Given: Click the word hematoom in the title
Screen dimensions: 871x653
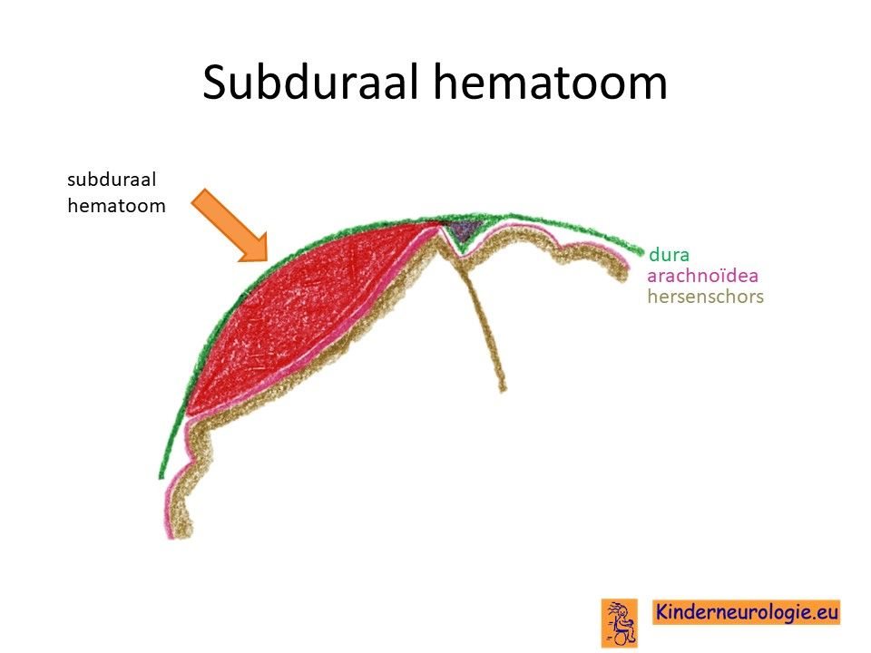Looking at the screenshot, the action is (x=551, y=83).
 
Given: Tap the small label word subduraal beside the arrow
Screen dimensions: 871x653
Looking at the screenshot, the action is (x=112, y=180).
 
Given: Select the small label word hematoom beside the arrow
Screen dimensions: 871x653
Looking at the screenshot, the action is (x=116, y=206).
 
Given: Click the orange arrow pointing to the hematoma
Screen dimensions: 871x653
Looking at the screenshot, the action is (x=230, y=225).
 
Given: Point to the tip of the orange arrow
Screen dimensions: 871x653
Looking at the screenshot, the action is (x=267, y=260).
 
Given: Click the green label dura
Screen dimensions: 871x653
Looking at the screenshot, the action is (x=669, y=255).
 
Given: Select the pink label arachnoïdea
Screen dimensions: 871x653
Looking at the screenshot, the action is (x=702, y=276).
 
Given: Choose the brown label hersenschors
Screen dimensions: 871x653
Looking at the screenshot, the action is (x=706, y=297).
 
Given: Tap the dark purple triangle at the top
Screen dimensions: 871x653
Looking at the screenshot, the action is (x=464, y=229).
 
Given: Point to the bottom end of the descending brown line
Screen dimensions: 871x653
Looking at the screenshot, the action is (x=504, y=390).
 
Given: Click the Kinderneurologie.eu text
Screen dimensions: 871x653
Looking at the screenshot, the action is (x=746, y=612).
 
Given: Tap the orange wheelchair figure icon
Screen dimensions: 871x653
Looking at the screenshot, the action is (x=620, y=623).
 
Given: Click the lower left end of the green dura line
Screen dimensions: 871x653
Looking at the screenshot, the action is (x=161, y=476).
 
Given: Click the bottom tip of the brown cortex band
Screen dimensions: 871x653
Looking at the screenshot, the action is (x=184, y=535).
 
